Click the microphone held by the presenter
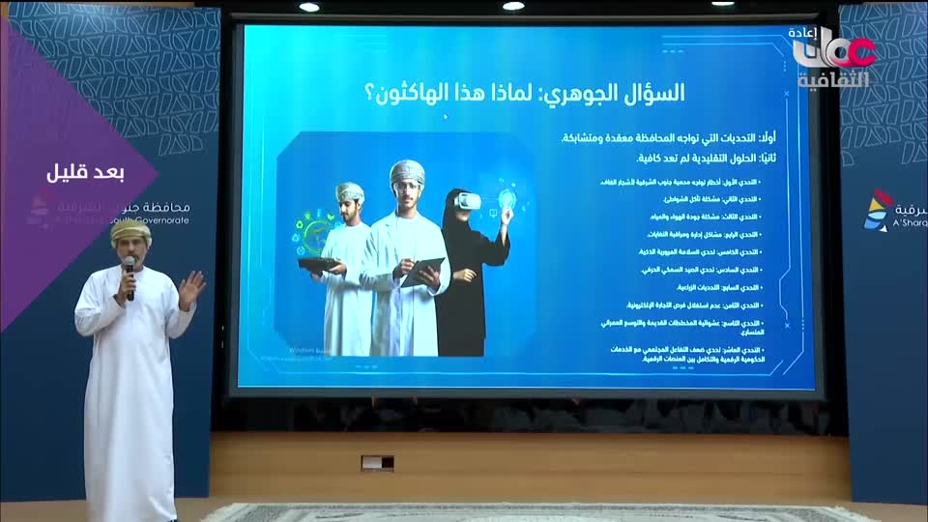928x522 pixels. point(130,276)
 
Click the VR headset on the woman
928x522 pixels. point(467,201)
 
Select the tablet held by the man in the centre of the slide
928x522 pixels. point(422,270)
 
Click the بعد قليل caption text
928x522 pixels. point(87,172)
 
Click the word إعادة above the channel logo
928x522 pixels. point(805,32)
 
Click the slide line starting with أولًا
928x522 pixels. point(657,140)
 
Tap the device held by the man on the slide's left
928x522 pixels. point(319,263)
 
